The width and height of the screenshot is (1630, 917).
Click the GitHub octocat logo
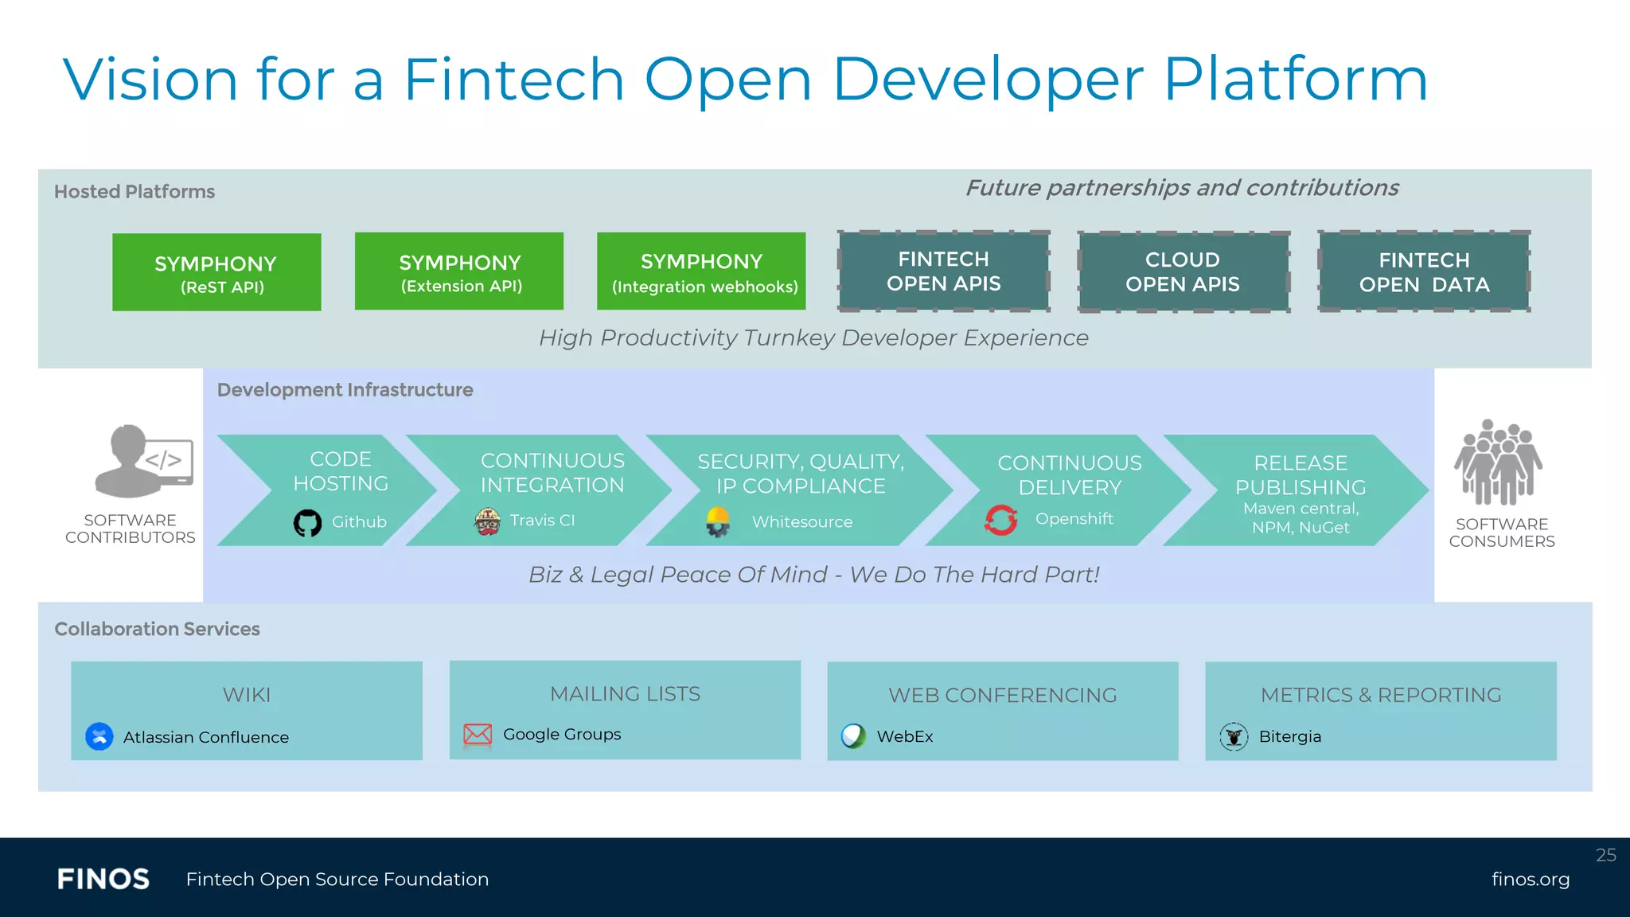(x=307, y=523)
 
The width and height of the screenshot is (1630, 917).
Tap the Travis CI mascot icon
(x=487, y=521)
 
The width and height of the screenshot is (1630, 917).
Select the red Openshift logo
(x=1000, y=520)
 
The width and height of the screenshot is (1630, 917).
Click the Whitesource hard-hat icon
(x=718, y=522)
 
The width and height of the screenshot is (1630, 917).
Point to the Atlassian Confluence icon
(x=99, y=736)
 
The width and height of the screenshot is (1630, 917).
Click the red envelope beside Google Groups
(x=478, y=734)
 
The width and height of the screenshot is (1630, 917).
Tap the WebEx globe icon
(x=853, y=736)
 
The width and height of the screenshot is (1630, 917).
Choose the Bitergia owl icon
(x=1234, y=736)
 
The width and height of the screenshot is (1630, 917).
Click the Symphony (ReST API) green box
(x=216, y=272)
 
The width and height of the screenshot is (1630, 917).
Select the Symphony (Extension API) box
(x=459, y=271)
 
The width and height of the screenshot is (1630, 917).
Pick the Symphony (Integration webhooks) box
(x=701, y=271)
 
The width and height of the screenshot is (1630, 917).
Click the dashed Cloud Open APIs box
(x=1183, y=271)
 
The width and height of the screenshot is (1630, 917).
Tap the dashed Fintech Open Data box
(x=1424, y=271)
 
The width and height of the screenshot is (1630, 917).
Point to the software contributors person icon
(x=142, y=461)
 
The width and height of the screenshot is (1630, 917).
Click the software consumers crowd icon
(x=1498, y=463)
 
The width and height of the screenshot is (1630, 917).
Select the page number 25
(x=1605, y=855)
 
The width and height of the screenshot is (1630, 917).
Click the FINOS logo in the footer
(x=103, y=879)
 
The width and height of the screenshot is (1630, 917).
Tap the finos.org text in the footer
(x=1530, y=879)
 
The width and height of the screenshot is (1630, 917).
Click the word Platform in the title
(x=1296, y=80)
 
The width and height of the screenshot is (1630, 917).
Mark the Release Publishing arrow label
(x=1300, y=474)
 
